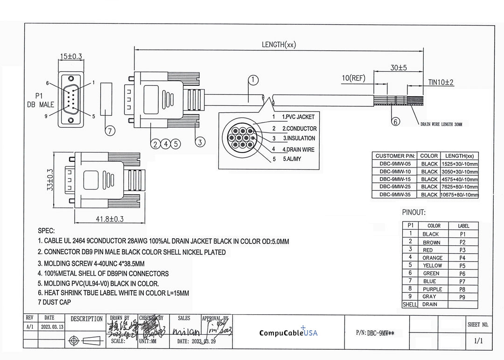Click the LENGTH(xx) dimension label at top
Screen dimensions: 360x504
(279, 45)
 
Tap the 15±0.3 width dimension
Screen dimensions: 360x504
(70, 56)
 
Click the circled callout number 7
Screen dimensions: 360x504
(110, 131)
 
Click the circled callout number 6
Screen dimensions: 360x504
(395, 122)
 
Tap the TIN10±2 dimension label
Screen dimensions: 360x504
(441, 82)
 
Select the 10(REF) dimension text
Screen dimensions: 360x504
(353, 77)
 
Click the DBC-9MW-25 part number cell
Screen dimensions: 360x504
(395, 187)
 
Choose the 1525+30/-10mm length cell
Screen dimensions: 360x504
(459, 164)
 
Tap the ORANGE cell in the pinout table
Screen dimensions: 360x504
(432, 257)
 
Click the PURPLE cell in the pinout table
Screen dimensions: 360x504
(432, 289)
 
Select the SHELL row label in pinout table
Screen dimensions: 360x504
(410, 305)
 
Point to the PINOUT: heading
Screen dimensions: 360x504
(414, 213)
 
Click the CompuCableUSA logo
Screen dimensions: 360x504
(288, 332)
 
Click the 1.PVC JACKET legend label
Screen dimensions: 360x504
(298, 117)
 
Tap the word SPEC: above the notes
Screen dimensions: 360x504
(46, 231)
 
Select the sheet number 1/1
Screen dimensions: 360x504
(478, 341)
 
